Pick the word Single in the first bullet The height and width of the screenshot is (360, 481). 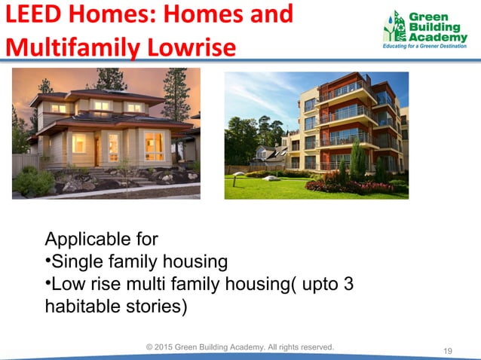[75, 262]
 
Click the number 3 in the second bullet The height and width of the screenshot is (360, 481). [348, 285]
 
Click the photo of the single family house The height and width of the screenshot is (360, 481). [106, 133]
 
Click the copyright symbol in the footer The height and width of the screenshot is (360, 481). [149, 346]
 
